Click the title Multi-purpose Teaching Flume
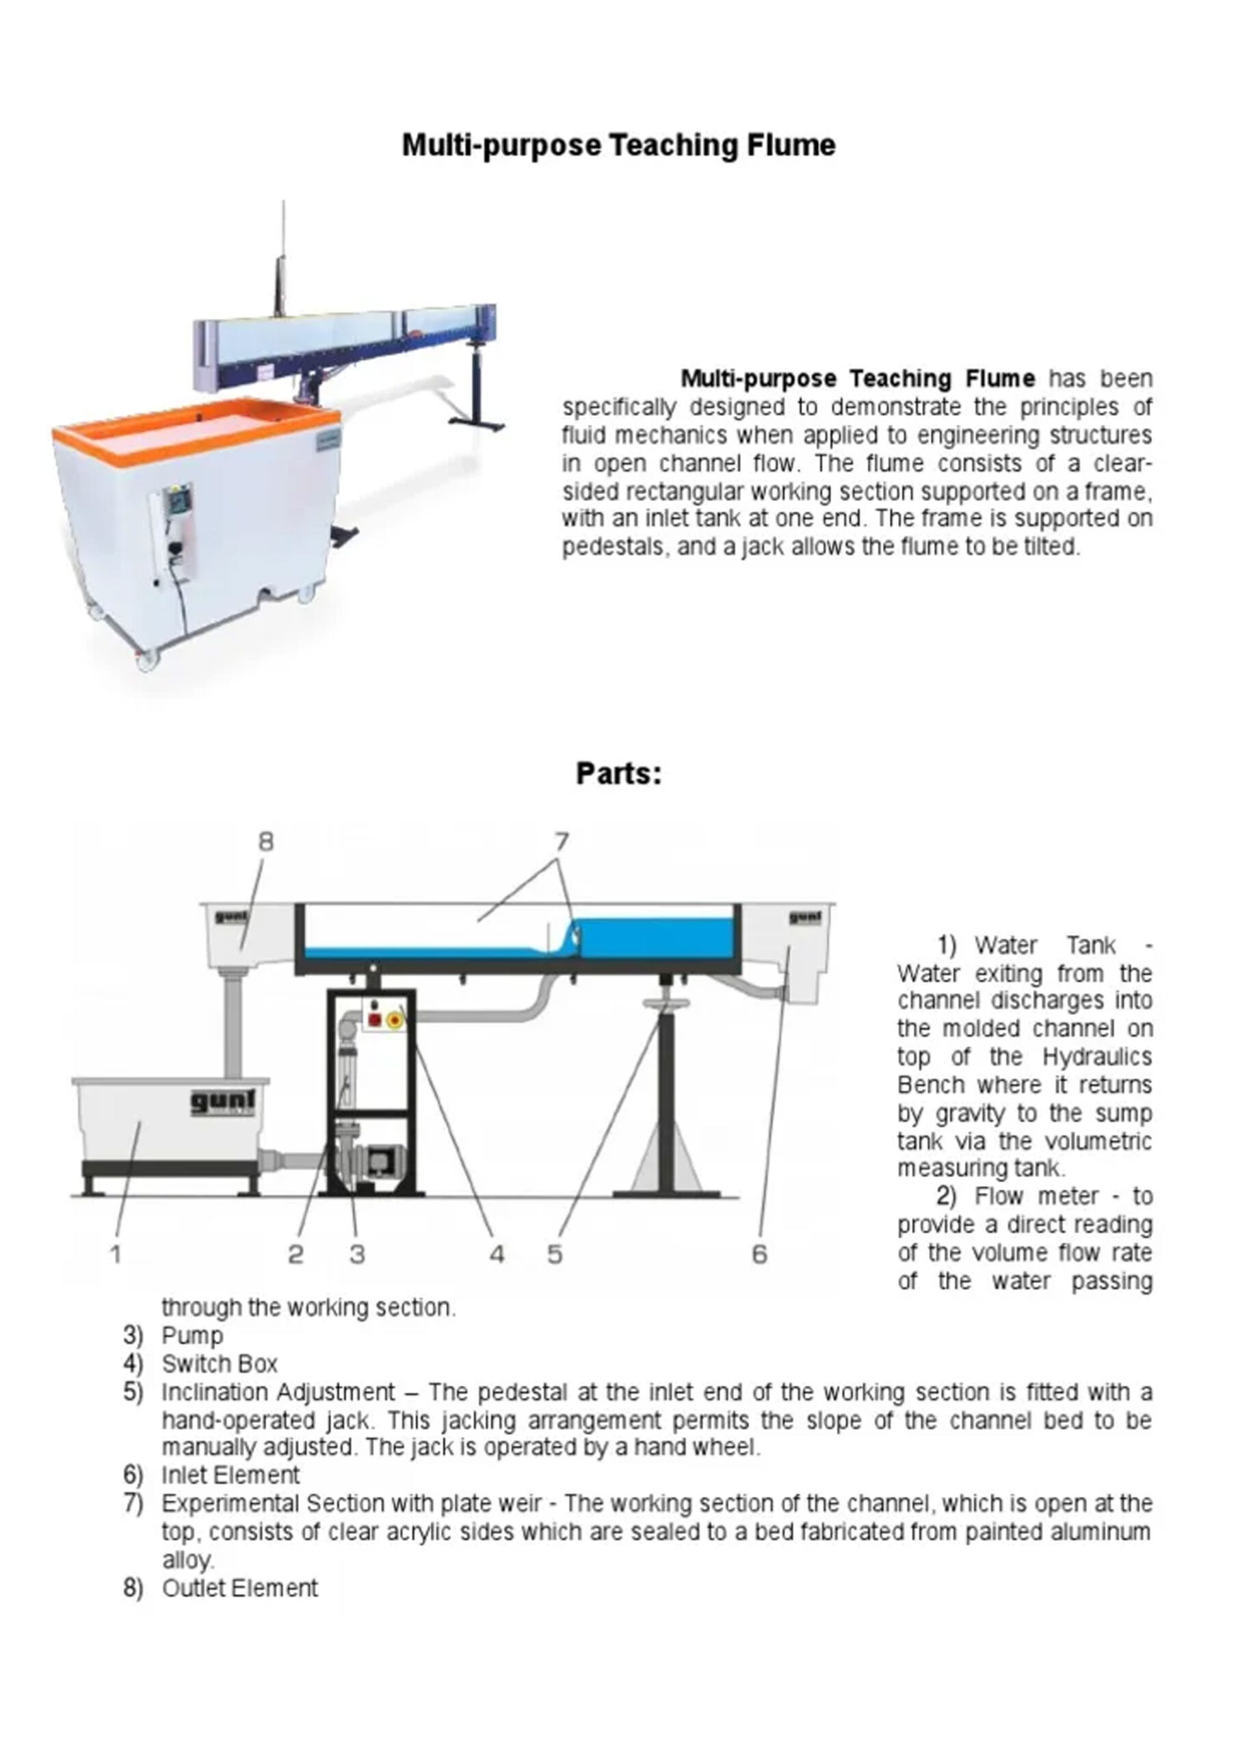(618, 145)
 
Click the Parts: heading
(618, 774)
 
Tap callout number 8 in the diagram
(265, 842)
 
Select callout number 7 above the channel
(562, 842)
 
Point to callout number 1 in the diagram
(116, 1254)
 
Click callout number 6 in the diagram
(759, 1254)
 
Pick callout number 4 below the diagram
(497, 1254)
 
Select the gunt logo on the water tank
(223, 1102)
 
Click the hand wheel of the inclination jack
(666, 1004)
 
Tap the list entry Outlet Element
(239, 1588)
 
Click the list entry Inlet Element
(231, 1475)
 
